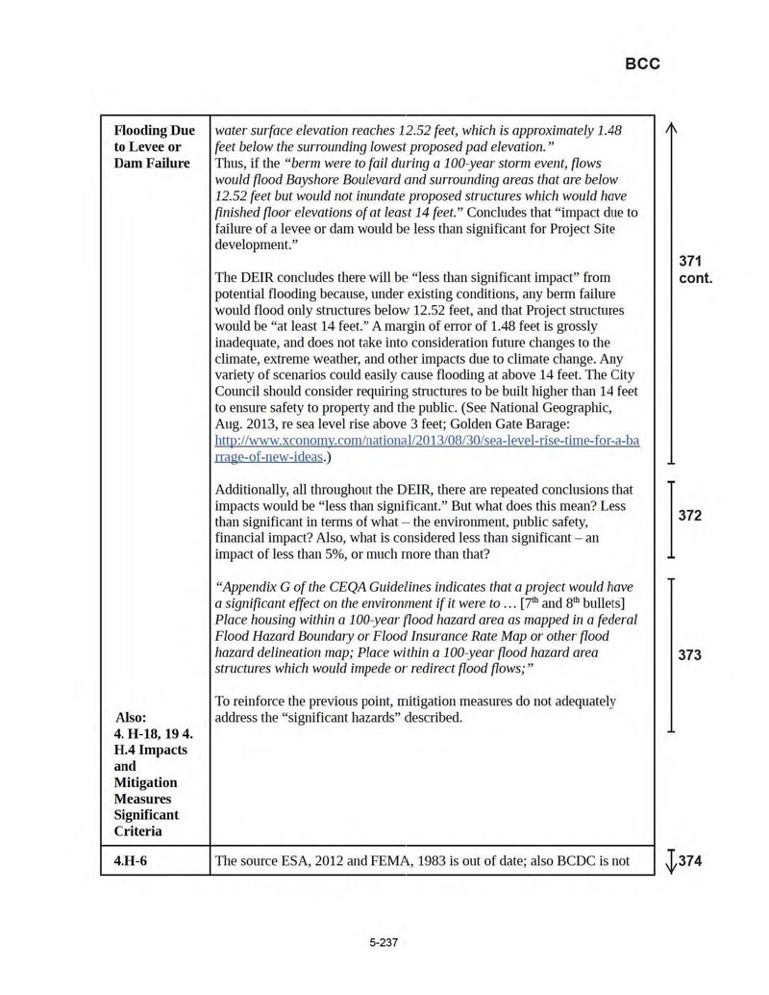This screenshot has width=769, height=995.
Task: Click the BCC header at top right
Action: (x=642, y=64)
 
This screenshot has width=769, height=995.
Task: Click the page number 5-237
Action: (x=384, y=942)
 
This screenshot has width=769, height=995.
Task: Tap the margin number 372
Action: (x=689, y=516)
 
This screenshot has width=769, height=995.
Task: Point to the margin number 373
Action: (x=689, y=655)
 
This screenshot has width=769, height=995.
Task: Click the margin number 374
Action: (x=691, y=861)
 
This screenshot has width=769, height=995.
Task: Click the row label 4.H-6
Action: (x=131, y=861)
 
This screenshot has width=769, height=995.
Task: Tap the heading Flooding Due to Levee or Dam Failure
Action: (x=154, y=146)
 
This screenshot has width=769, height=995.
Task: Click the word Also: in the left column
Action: (x=131, y=717)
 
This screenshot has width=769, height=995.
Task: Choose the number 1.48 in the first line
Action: (x=608, y=131)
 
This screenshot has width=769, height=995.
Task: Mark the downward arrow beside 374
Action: (x=670, y=861)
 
